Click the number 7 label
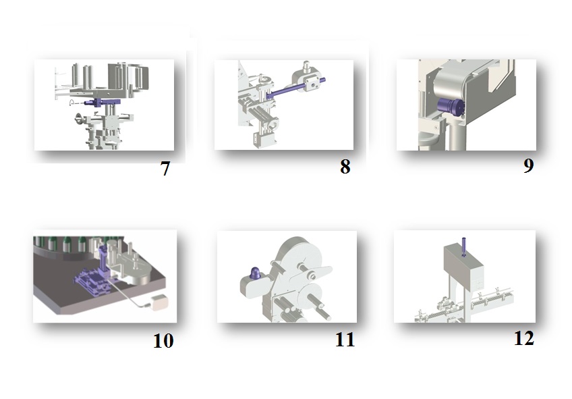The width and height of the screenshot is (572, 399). pyautogui.click(x=165, y=169)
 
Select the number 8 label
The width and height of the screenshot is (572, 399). pyautogui.click(x=345, y=167)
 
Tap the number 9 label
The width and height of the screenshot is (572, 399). pyautogui.click(x=529, y=165)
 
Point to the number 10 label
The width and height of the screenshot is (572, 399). pyautogui.click(x=163, y=341)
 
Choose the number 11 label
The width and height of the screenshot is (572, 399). pyautogui.click(x=345, y=340)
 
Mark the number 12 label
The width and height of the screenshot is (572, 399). pyautogui.click(x=524, y=338)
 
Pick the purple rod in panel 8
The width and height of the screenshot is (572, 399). pyautogui.click(x=296, y=88)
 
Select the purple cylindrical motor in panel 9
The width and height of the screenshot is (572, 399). pyautogui.click(x=451, y=107)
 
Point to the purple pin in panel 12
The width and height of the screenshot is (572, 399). pyautogui.click(x=463, y=247)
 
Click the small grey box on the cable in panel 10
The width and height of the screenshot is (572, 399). pyautogui.click(x=158, y=302)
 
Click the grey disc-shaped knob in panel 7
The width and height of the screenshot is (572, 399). pyautogui.click(x=79, y=118)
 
